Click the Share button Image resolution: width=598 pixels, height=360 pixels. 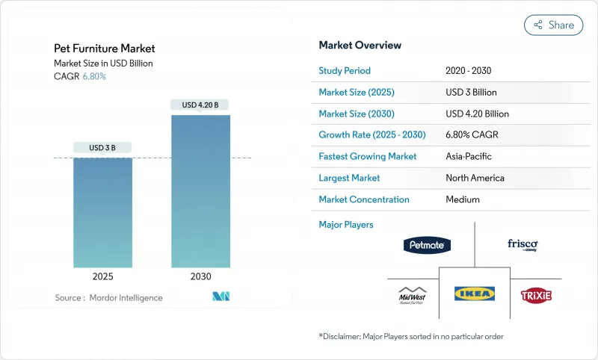coord(553,25)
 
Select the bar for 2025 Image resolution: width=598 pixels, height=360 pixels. coord(102,212)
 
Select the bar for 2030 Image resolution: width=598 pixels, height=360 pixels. coord(200,190)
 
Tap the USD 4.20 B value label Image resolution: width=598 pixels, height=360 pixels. coord(200,105)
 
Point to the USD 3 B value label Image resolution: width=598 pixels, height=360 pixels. coord(102,148)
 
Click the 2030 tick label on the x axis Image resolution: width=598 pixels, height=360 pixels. coord(200,276)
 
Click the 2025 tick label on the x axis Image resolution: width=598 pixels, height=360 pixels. coord(102,276)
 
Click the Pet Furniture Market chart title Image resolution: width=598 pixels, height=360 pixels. coord(105,49)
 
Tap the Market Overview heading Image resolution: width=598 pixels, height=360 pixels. coord(360,46)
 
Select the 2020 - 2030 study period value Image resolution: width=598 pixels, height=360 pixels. coord(469,71)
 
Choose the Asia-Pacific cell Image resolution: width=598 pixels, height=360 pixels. coord(469,157)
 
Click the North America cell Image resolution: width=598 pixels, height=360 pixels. coord(475,178)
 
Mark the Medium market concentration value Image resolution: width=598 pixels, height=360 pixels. coord(462,199)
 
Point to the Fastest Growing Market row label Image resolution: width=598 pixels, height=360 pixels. coord(368,157)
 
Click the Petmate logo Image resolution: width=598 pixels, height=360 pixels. coord(427,245)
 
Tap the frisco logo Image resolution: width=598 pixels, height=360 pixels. coord(523,245)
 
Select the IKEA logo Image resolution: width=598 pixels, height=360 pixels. coord(475,294)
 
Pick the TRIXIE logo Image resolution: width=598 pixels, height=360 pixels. coord(536,296)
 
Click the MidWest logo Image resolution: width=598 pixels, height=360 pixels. coord(412,295)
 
